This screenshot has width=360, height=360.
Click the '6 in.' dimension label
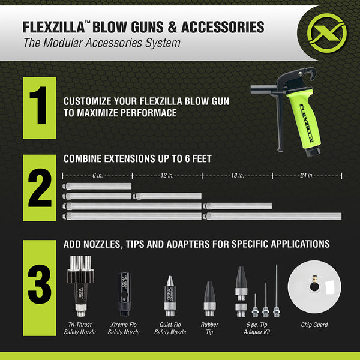[x=97, y=175]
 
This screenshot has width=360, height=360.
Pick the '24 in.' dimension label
[x=307, y=175]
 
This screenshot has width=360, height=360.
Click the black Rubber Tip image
[x=209, y=297]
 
